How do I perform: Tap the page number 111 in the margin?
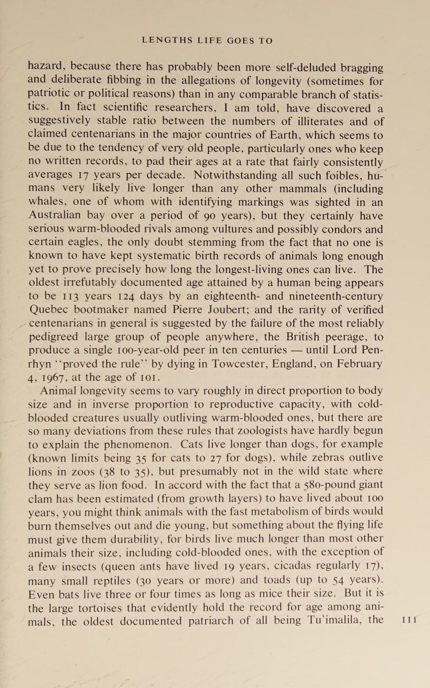[409, 620]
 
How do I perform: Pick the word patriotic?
[49, 93]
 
